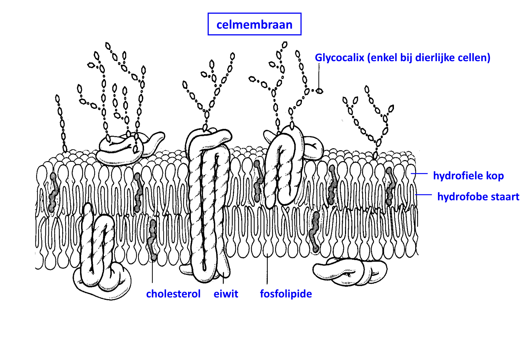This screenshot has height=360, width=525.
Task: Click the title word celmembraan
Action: click(x=254, y=24)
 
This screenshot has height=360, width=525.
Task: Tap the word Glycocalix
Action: click(x=339, y=58)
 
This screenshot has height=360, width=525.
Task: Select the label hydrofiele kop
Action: click(x=468, y=175)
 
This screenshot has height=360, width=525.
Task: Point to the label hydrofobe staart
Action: click(x=478, y=196)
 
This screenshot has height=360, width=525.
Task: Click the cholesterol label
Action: click(x=173, y=294)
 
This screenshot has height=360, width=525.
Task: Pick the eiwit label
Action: click(x=226, y=294)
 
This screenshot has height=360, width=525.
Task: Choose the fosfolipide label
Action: click(x=286, y=294)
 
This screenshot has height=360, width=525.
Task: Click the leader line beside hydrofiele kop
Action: click(x=419, y=173)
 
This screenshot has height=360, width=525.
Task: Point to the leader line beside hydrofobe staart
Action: click(x=424, y=195)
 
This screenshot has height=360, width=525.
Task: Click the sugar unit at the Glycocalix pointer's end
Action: click(x=319, y=91)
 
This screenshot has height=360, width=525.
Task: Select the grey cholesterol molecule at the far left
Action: click(x=53, y=192)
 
